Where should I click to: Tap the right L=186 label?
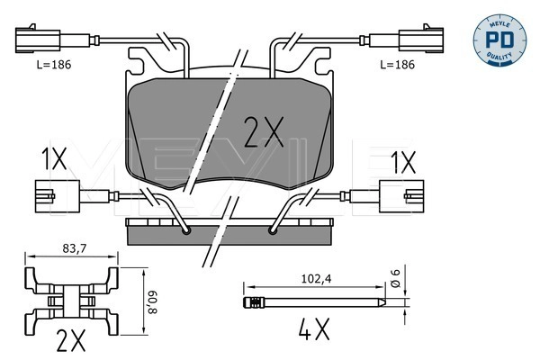pyautogui.click(x=399, y=65)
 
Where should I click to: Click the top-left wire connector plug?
pyautogui.click(x=38, y=40)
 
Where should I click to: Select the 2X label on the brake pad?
pyautogui.click(x=264, y=133)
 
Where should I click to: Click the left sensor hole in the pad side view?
pyautogui.click(x=186, y=231)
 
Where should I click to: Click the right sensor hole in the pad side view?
pyautogui.click(x=274, y=231)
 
